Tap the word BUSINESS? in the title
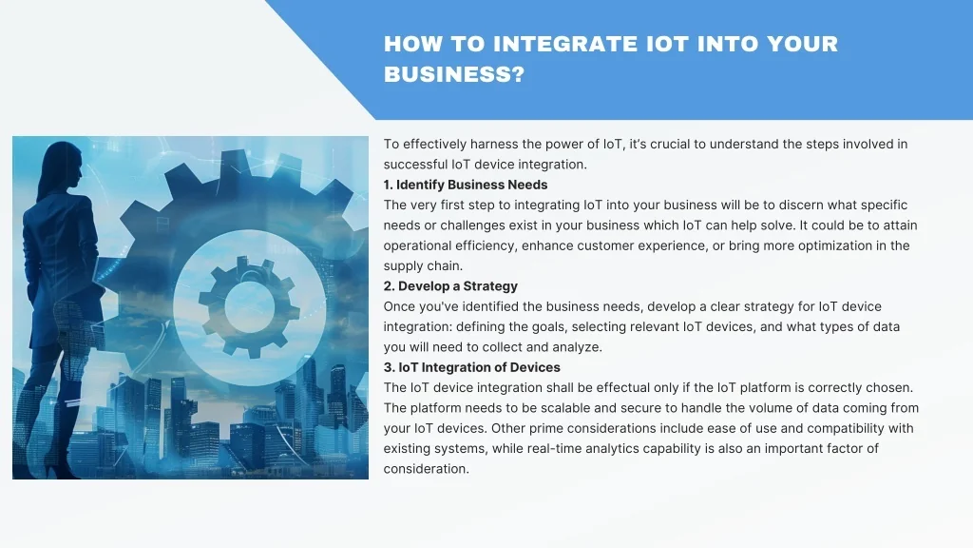coord(454,74)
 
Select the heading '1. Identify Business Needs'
coord(466,185)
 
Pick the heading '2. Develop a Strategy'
coord(450,285)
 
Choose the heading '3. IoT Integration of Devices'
coord(471,367)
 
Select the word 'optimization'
coord(835,246)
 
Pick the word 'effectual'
coord(622,388)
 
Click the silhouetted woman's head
coord(65,164)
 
